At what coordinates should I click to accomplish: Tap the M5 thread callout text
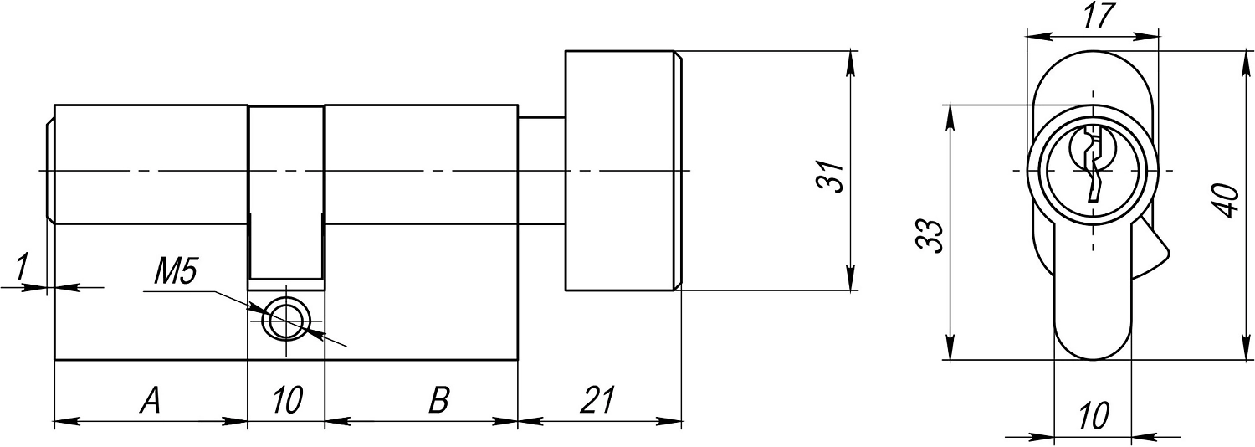coord(176,273)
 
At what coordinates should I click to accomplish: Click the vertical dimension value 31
coord(831,177)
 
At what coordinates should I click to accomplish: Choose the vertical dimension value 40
coord(1227,201)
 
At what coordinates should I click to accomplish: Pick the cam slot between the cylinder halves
coord(286,193)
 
